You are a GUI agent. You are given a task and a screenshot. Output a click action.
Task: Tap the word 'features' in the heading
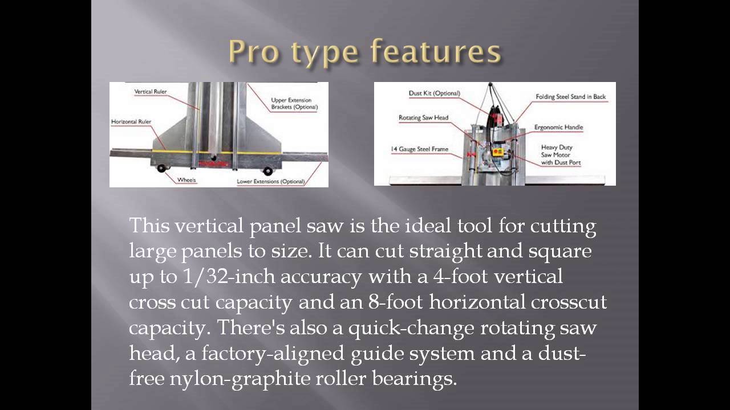[436, 52]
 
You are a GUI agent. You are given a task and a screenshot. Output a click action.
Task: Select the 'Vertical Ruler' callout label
[151, 92]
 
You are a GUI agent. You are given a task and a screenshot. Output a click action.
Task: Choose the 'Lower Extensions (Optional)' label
[270, 182]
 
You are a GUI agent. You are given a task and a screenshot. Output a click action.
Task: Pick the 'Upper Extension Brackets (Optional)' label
[294, 103]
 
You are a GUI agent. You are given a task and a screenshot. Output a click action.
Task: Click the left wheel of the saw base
[161, 168]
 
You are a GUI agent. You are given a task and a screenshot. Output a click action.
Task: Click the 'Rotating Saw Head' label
[423, 118]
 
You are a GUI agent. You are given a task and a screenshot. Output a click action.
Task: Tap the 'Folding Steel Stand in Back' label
[570, 97]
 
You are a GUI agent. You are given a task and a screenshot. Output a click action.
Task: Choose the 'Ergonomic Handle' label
[558, 127]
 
